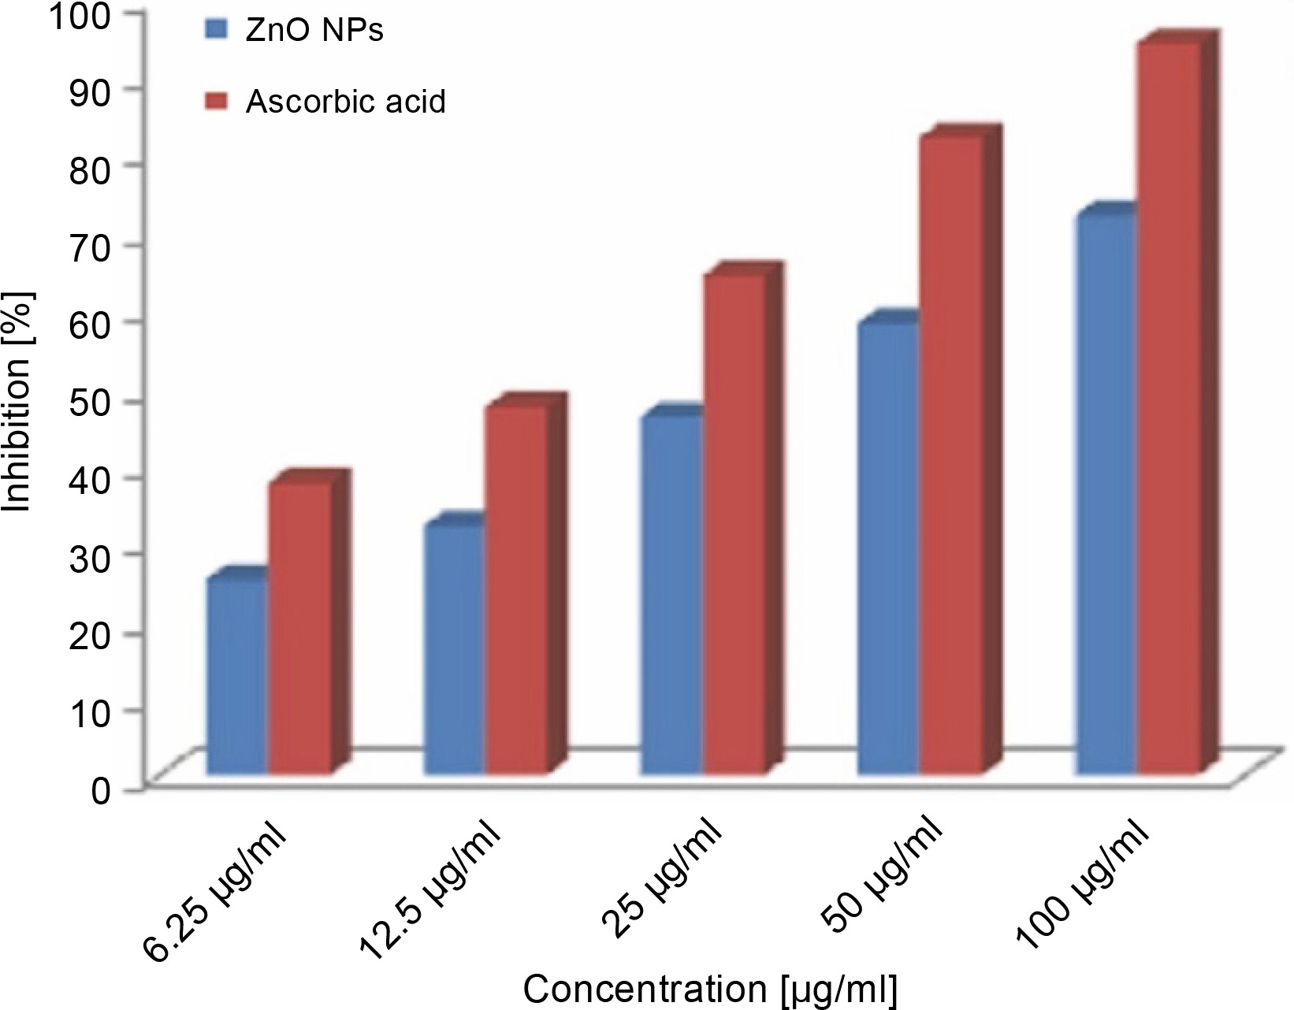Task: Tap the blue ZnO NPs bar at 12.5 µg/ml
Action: click(x=454, y=649)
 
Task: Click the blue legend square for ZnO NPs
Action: click(x=215, y=31)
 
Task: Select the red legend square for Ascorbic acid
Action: click(x=215, y=101)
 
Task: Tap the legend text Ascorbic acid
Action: click(x=345, y=102)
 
